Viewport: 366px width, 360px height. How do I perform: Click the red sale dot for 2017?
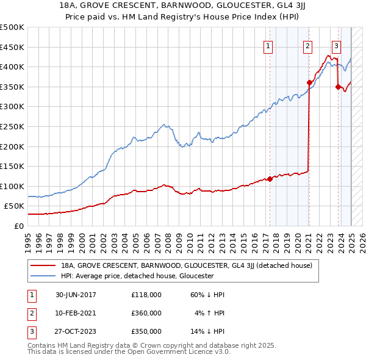(270, 179)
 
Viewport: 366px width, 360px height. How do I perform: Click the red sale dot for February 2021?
(309, 82)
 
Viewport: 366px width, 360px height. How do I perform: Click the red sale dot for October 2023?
(338, 87)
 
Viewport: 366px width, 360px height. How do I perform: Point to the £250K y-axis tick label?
(12, 126)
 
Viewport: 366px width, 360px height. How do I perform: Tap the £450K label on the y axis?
(12, 47)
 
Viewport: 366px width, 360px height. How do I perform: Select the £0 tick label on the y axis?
(18, 226)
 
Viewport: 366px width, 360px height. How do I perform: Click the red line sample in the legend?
(43, 266)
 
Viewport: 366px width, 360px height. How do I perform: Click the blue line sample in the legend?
(43, 276)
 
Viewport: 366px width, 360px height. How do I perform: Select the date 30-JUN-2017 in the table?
(76, 295)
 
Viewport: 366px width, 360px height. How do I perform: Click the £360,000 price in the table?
(146, 313)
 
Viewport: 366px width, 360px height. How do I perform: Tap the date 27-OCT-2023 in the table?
(76, 331)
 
